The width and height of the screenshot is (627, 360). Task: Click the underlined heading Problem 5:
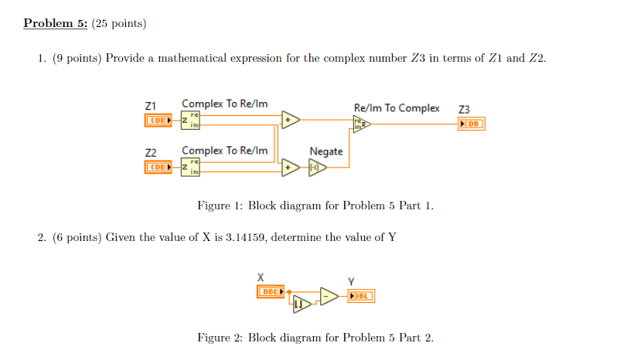click(x=55, y=23)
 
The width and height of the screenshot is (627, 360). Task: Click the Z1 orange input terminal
click(x=158, y=121)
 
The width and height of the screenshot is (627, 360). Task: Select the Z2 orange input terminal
click(x=158, y=166)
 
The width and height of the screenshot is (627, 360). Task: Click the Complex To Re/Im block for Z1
click(x=189, y=121)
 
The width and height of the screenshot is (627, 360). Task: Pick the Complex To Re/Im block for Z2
click(x=189, y=166)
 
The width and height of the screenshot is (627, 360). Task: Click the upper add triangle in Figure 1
click(x=290, y=121)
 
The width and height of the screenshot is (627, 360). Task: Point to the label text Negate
click(x=325, y=151)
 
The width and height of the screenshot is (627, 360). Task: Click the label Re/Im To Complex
click(x=396, y=108)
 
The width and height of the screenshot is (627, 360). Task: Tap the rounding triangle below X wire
click(x=301, y=307)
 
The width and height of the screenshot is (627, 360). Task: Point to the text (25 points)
click(x=118, y=23)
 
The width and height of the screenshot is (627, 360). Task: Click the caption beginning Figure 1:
click(x=315, y=205)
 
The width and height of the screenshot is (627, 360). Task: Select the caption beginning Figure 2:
click(x=315, y=338)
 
